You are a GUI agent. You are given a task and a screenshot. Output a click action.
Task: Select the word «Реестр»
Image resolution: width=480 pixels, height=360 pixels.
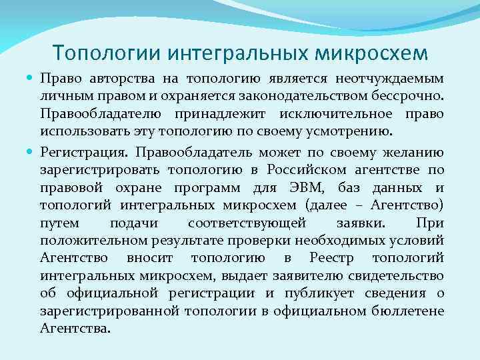(x=333, y=257)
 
